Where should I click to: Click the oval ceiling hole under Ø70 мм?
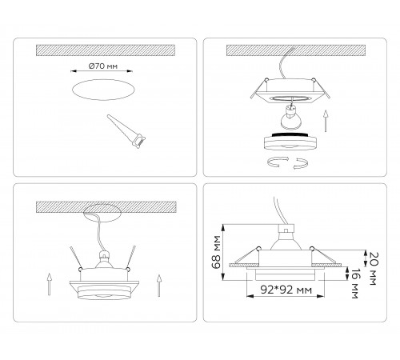[104, 90]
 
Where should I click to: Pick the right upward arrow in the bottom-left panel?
[159, 282]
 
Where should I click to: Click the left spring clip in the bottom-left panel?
[78, 256]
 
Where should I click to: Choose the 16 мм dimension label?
[352, 284]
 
